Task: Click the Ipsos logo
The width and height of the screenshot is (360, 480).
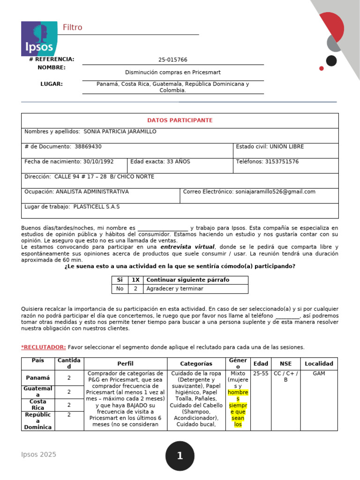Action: [x=39, y=38]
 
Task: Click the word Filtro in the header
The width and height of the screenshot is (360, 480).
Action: [x=72, y=28]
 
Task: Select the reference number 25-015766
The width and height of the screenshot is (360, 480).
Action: [x=172, y=60]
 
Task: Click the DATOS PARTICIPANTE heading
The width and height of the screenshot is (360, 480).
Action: [x=180, y=120]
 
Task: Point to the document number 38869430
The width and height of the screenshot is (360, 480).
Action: [x=88, y=147]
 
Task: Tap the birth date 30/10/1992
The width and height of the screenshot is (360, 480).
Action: [x=98, y=162]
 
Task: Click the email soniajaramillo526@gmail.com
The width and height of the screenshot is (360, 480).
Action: [x=275, y=192]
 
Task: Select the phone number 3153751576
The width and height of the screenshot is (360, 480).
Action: [x=282, y=162]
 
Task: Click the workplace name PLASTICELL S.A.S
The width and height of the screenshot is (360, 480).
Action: [x=97, y=207]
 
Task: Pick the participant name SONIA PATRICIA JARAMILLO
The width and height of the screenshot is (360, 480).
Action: [x=120, y=132]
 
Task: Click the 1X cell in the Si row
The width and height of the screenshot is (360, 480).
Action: [x=135, y=280]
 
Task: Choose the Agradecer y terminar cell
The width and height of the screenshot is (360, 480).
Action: [x=175, y=289]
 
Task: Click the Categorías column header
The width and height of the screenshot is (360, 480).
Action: [x=196, y=364]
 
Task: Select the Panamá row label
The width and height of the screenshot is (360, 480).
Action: [x=38, y=378]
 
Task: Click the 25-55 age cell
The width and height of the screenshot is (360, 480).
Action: [x=261, y=374]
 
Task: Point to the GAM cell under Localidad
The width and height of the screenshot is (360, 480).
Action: [x=319, y=374]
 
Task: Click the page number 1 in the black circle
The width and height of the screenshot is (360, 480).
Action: [x=180, y=456]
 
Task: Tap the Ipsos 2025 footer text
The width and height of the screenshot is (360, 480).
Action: [x=38, y=455]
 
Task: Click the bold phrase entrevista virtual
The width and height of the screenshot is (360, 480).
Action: [x=187, y=247]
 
